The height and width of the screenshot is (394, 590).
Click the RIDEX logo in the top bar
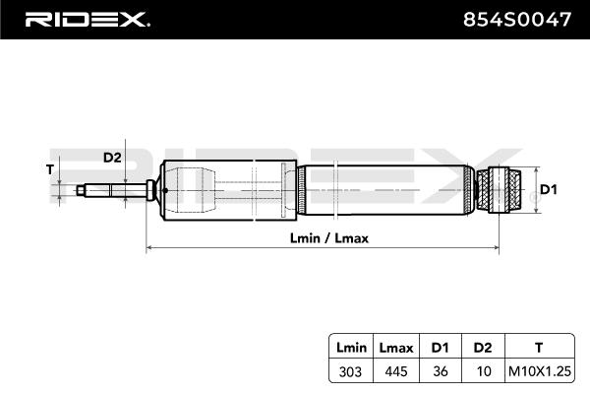(x=87, y=19)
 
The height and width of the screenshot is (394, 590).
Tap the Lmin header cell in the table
(x=350, y=348)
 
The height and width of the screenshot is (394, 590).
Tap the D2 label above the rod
(x=112, y=157)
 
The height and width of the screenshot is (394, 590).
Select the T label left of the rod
(x=49, y=169)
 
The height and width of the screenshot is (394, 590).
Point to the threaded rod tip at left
(x=77, y=188)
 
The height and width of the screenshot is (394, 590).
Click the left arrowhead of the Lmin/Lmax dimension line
(x=149, y=248)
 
